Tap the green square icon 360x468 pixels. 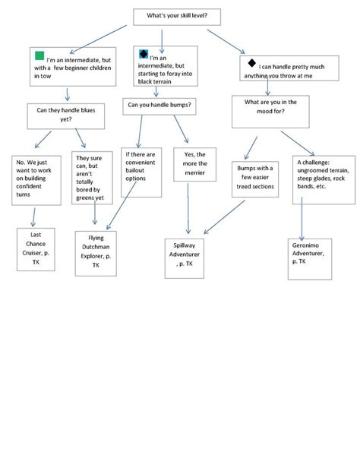click(39, 55)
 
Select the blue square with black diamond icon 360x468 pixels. click(144, 53)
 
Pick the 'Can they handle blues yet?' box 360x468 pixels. click(66, 114)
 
